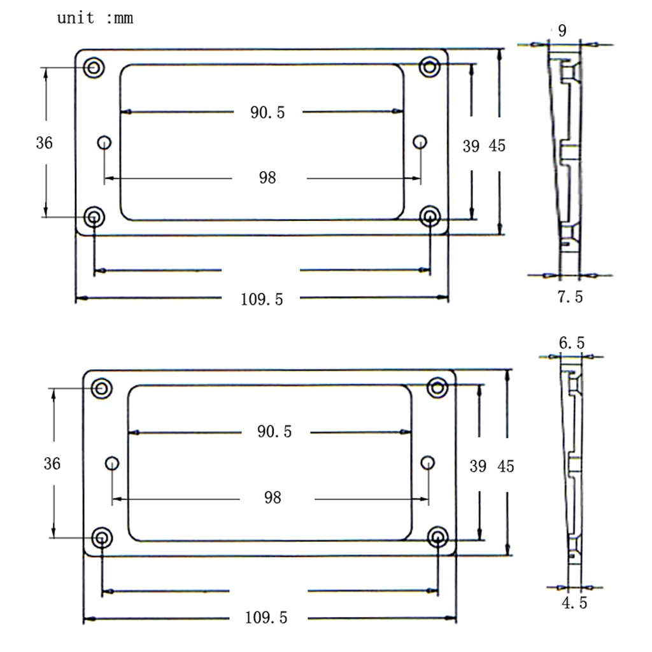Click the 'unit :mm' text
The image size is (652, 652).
(96, 18)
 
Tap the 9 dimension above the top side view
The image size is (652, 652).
(562, 31)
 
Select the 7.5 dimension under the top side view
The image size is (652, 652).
(570, 297)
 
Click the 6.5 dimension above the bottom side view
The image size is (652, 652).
(572, 343)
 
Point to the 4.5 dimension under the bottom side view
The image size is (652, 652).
(574, 602)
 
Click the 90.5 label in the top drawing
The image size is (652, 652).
(267, 112)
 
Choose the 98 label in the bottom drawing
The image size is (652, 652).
(273, 497)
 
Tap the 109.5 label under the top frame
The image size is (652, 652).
(262, 299)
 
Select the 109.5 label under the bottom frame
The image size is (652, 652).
(266, 618)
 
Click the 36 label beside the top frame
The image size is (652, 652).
(45, 143)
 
